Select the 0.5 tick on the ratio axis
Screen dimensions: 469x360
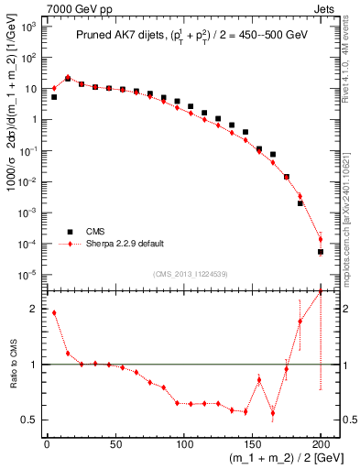point(29,420)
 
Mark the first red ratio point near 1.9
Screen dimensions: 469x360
point(54,312)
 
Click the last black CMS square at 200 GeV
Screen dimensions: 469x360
point(321,252)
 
